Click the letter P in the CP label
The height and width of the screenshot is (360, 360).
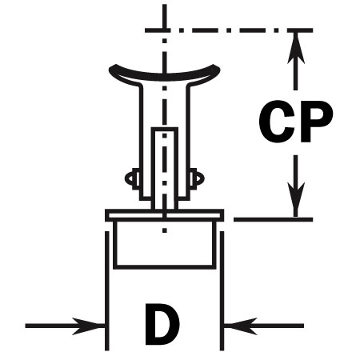[317, 122]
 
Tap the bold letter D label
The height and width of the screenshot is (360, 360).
[162, 324]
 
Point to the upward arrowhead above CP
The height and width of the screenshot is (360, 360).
[296, 48]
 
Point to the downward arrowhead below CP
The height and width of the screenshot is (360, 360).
[296, 198]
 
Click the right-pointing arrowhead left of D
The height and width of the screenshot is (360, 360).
[88, 326]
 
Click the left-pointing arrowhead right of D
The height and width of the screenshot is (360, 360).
[241, 326]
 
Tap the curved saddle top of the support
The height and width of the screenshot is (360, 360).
[165, 77]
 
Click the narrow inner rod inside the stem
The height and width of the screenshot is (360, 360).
[165, 169]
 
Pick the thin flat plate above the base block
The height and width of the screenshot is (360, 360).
[165, 215]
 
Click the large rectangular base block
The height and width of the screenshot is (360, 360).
[165, 245]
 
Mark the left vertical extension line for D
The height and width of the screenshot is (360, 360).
[107, 290]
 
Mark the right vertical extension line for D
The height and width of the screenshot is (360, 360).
[222, 290]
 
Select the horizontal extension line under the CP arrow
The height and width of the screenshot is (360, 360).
[274, 219]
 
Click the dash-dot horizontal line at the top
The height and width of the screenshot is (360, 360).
[229, 30]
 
